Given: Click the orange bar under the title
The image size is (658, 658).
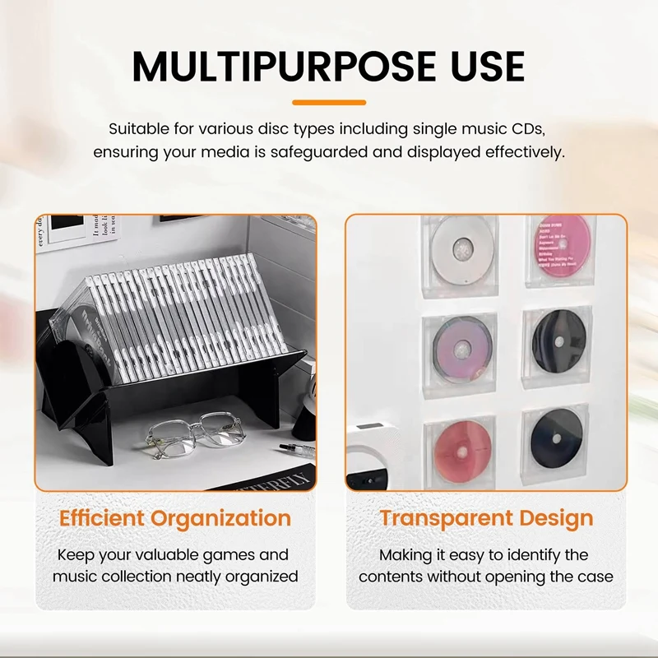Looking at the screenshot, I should coord(329,102).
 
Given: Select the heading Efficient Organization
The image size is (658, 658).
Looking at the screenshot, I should coord(175,518).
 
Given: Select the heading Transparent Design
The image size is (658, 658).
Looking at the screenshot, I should coord(486,518).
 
